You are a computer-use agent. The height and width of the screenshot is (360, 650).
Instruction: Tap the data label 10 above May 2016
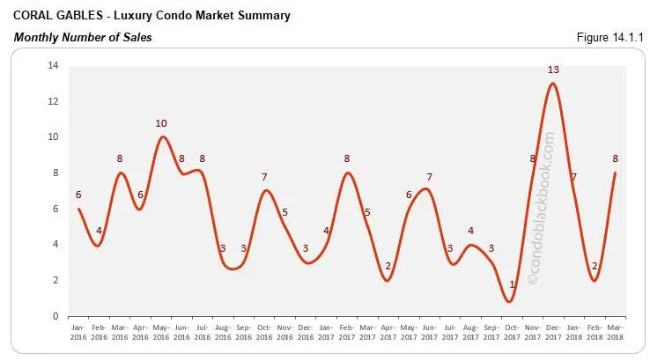[x=161, y=123]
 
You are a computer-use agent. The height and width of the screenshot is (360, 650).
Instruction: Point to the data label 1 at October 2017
[x=512, y=284]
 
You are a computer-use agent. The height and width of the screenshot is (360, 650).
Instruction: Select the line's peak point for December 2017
[x=552, y=84]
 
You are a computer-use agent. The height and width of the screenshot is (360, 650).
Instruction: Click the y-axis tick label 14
[x=53, y=65]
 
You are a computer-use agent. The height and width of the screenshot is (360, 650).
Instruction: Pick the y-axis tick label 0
[x=55, y=316]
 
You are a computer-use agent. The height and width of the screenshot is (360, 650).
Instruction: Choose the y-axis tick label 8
[x=55, y=173]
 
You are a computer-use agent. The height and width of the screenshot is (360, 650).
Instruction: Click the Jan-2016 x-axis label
[x=79, y=333]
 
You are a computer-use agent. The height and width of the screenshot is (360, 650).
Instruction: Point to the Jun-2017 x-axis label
[x=428, y=333]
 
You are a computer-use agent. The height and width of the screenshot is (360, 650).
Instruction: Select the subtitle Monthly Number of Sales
[x=83, y=37]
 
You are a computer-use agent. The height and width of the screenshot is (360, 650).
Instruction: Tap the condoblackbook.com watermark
[x=540, y=208]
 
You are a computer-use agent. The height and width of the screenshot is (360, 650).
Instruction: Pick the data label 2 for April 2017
[x=388, y=266]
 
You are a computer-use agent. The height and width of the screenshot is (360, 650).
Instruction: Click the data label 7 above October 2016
[x=264, y=177]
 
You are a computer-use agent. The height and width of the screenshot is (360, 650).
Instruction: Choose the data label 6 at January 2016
[x=79, y=195]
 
